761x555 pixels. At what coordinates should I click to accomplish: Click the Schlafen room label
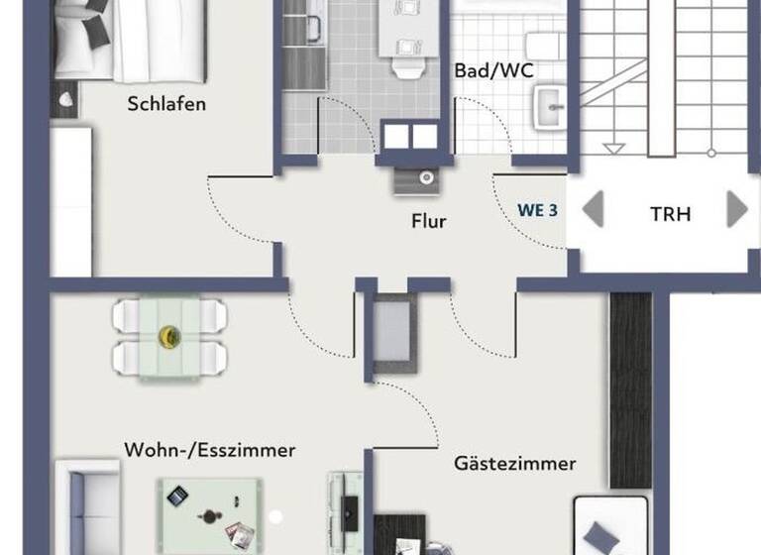point(166,104)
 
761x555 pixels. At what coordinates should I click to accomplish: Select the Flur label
point(428,221)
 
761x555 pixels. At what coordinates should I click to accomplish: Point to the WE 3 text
point(537,210)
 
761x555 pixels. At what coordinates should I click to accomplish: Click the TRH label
point(670,213)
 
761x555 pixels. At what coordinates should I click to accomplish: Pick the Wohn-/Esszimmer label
point(209,450)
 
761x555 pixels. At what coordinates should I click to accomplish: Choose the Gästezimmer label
point(514,463)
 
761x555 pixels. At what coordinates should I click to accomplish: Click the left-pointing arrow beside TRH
point(593,210)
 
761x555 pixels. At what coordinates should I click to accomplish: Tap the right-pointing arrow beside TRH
point(736,210)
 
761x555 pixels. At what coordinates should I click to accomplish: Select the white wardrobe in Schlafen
point(71,202)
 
